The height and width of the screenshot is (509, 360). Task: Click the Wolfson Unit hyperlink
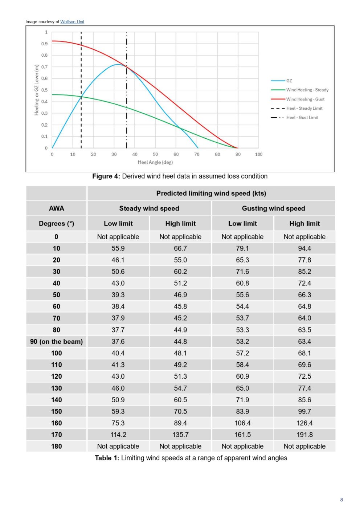(72, 22)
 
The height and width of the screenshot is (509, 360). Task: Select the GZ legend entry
(281, 81)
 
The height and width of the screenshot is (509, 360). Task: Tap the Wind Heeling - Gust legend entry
(298, 99)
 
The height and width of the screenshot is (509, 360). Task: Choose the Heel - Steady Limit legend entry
(296, 109)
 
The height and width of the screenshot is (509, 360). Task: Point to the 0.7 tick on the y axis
(44, 67)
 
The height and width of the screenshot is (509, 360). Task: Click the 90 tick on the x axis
(238, 154)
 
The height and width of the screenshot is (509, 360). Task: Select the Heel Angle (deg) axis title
(155, 162)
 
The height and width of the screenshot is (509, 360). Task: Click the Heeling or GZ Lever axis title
(36, 90)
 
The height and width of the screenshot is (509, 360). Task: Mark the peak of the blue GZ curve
(118, 64)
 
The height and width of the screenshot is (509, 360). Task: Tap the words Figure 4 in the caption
(106, 176)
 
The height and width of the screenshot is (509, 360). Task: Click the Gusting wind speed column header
(273, 208)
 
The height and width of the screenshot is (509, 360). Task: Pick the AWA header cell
(57, 208)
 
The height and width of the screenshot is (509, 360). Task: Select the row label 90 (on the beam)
(56, 342)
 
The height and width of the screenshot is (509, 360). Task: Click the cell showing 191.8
(304, 435)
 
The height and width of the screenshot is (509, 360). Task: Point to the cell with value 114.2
(118, 435)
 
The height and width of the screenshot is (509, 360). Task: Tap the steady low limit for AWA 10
(118, 248)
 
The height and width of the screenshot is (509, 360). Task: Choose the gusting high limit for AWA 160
(304, 423)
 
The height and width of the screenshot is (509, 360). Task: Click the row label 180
(56, 446)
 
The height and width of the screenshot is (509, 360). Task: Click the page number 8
(341, 500)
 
